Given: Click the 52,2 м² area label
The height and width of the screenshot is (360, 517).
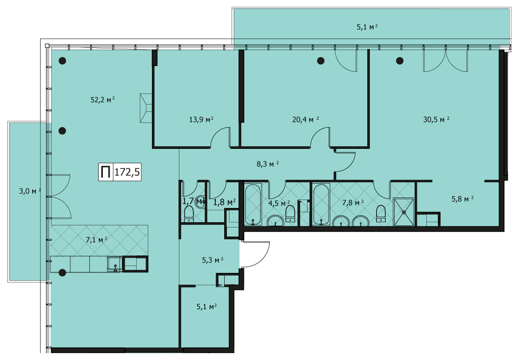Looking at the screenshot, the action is (x=102, y=99).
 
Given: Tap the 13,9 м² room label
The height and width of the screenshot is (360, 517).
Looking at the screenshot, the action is (x=201, y=119).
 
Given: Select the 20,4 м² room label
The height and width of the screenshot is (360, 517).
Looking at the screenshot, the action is (x=305, y=119).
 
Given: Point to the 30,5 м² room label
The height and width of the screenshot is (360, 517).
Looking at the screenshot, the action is (x=436, y=119).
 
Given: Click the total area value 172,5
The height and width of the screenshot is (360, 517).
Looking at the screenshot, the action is (x=127, y=172).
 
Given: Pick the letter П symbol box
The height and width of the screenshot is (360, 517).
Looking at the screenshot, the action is (x=106, y=172).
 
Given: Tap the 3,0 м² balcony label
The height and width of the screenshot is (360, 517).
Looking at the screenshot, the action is (x=30, y=191).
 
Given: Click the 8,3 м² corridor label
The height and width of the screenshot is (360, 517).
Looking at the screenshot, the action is (x=268, y=164).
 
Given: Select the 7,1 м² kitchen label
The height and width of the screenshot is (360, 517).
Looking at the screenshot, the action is (x=96, y=240).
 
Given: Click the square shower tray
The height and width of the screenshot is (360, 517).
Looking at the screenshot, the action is (x=404, y=212).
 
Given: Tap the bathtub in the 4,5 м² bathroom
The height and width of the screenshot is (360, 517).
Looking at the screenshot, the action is (x=253, y=205).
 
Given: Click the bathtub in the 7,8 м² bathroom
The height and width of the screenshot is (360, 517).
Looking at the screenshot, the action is (x=321, y=205).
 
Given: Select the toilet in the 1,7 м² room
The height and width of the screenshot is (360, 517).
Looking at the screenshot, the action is (x=189, y=214).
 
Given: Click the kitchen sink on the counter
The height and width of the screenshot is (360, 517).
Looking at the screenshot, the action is (x=114, y=264).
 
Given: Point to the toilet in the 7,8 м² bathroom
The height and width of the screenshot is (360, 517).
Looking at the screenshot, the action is (x=380, y=213).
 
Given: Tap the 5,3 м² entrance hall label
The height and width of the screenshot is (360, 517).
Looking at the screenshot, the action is (x=213, y=260).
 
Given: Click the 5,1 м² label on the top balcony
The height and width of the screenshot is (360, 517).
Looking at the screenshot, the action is (x=367, y=27).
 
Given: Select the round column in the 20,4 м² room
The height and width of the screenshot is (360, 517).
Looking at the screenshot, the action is (x=321, y=61).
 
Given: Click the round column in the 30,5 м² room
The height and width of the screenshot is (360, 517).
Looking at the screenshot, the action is (x=400, y=61).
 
